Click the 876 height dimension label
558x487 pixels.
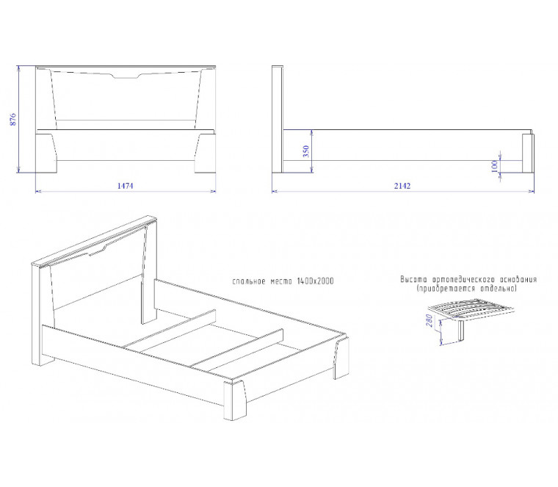[x=12, y=120]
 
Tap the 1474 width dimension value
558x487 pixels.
[x=126, y=186]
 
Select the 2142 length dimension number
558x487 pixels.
[x=402, y=186]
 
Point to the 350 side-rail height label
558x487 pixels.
[x=306, y=151]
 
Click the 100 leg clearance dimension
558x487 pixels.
[x=494, y=166]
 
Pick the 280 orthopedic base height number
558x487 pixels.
[x=430, y=320]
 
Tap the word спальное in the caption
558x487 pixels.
[x=249, y=281]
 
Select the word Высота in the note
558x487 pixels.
[x=413, y=279]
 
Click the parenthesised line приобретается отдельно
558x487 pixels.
[x=466, y=289]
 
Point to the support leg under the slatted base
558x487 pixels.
[x=462, y=331]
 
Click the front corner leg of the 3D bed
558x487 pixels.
[x=234, y=400]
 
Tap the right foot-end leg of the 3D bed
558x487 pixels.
[x=341, y=358]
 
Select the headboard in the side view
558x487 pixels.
[x=278, y=119]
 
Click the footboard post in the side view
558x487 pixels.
[x=528, y=153]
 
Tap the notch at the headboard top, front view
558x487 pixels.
[x=126, y=76]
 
